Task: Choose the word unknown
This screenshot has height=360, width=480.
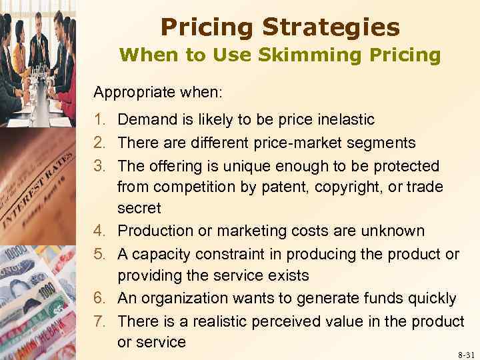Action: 392,231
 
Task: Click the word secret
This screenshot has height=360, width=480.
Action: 139,209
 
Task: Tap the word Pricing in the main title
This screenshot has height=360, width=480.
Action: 205,27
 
